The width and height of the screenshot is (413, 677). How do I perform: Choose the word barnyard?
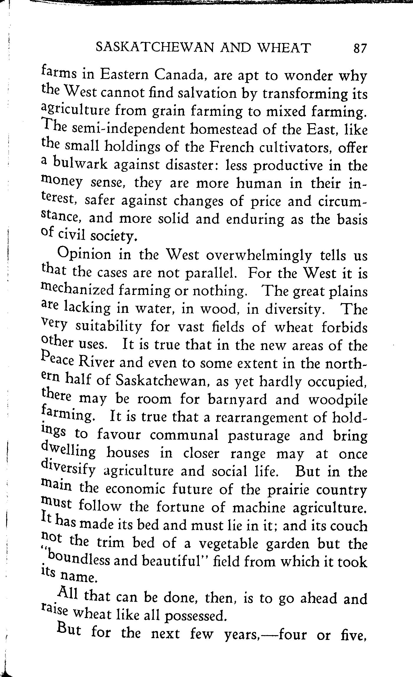237,399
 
